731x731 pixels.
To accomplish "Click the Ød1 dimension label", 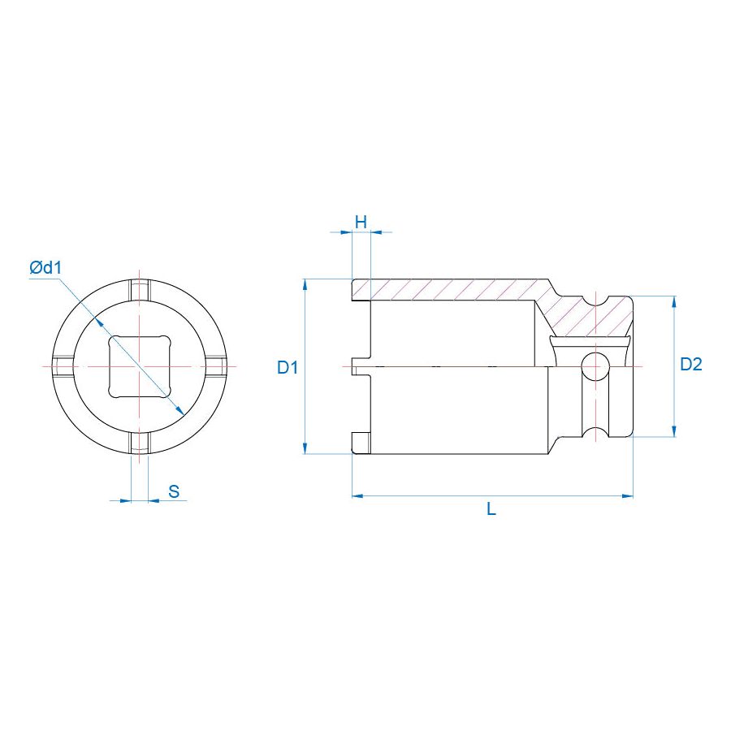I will tap(46, 266).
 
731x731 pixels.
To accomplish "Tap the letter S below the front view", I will tap(173, 490).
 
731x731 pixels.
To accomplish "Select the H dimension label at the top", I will tap(361, 221).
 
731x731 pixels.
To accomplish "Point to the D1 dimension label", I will tap(288, 367).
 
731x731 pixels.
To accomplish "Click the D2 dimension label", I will tap(690, 365).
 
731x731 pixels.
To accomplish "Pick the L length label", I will tap(491, 509).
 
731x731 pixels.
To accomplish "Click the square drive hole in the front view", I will tap(139, 365).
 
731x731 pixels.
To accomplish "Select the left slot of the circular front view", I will tap(64, 365).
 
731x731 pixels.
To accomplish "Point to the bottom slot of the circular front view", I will tap(140, 441).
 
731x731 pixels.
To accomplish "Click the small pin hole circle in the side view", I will tap(595, 365).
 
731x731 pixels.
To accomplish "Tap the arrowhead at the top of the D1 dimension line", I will tap(305, 284).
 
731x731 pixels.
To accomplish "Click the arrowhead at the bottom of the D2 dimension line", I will tap(673, 431).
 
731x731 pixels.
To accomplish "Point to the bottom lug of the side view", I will tap(361, 443).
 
